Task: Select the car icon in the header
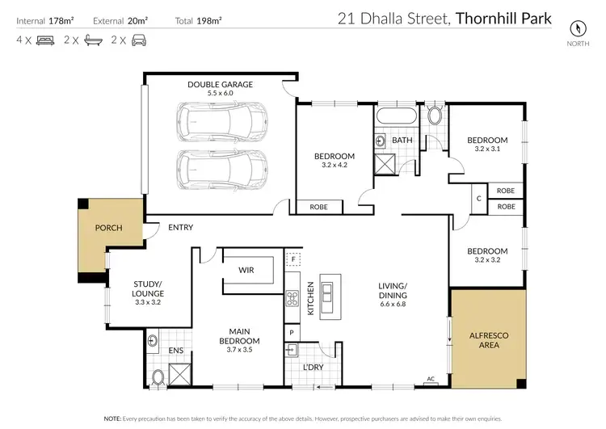tap(139, 38)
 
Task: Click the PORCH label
tap(108, 228)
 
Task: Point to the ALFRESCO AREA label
tap(488, 339)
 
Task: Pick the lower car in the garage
tap(221, 168)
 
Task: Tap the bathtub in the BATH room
tap(396, 116)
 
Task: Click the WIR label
tap(246, 270)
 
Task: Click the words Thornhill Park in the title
tap(503, 16)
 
